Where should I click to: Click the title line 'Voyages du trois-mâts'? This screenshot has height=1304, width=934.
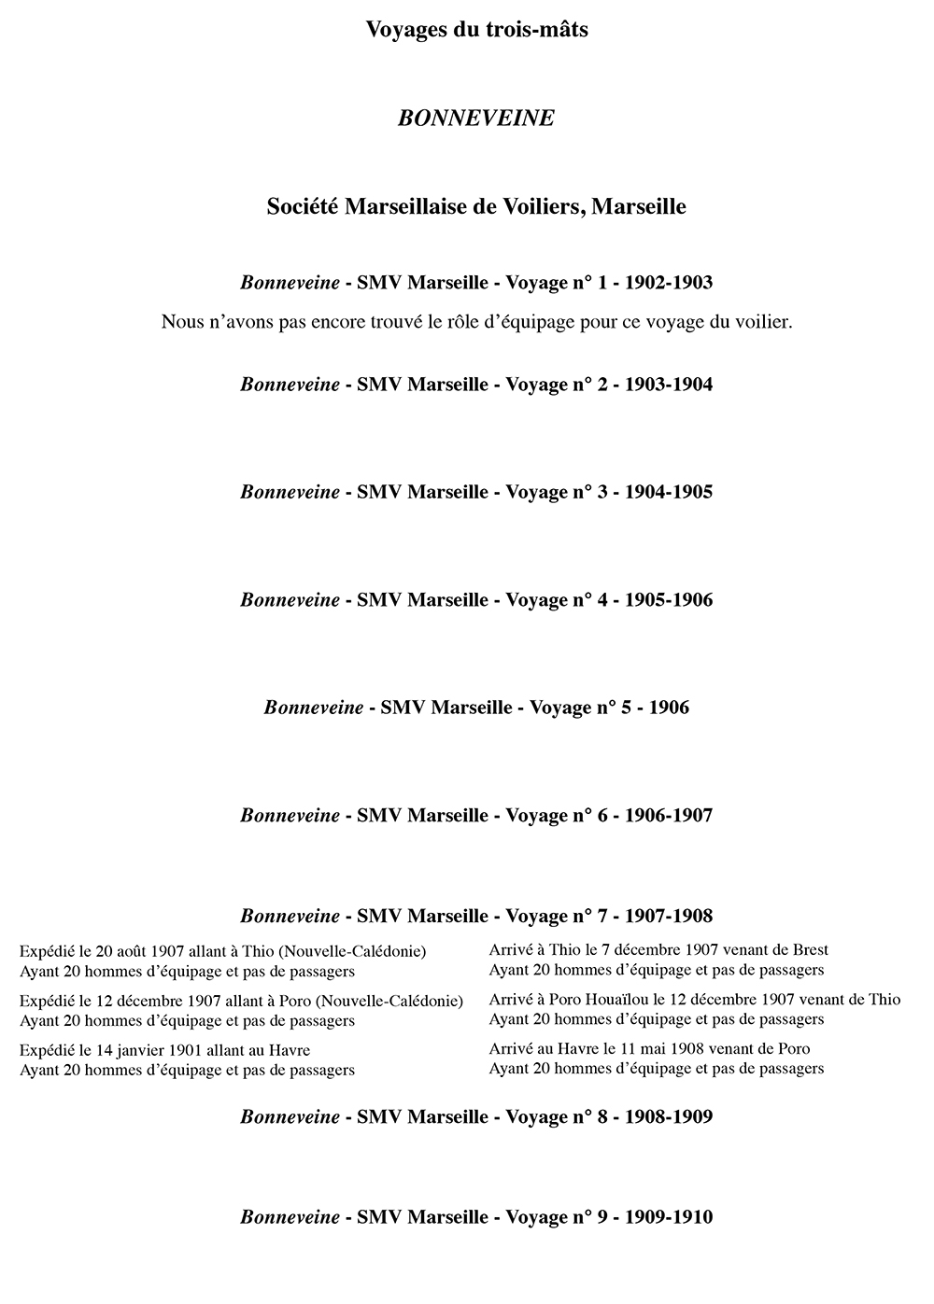476,30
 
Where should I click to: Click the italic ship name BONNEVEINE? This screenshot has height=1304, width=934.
476,119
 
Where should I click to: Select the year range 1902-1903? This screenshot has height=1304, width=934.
668,282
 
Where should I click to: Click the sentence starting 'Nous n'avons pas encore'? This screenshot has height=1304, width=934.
476,322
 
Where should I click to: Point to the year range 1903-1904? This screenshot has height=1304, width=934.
668,384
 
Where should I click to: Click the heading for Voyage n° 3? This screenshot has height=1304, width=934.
476,492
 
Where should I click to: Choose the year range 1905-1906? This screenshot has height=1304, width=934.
668,599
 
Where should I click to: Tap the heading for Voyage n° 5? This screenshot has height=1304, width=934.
476,708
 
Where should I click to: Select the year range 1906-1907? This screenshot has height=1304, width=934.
668,815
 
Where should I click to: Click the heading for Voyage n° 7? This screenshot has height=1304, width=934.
476,916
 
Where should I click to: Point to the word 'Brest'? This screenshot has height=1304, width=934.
808,950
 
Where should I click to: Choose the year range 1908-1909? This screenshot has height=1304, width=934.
668,1116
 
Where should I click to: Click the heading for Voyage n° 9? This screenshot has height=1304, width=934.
476,1217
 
